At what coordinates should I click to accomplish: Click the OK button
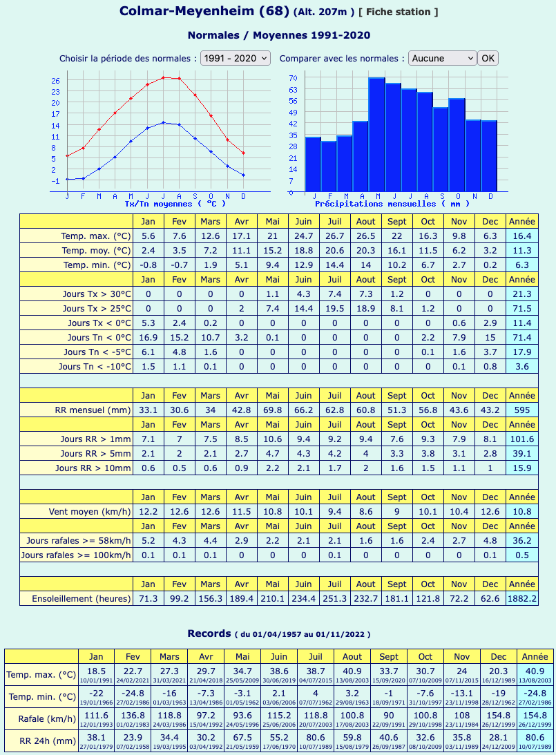point(488,58)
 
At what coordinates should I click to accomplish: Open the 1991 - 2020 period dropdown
point(236,58)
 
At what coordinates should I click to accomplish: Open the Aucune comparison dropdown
point(443,58)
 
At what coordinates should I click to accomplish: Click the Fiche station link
point(398,12)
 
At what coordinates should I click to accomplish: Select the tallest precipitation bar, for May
point(376,134)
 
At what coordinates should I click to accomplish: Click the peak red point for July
point(163,77)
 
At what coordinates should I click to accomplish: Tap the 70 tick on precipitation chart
point(293,78)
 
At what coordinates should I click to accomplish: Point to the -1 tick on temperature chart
point(55,181)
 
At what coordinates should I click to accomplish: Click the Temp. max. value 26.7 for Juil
point(334,236)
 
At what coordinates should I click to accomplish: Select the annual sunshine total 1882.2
point(522,598)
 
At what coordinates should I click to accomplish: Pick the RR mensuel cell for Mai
point(272,410)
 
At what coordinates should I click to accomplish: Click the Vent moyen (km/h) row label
point(90,512)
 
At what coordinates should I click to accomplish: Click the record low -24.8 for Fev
point(133,694)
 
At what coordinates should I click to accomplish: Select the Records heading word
point(209,633)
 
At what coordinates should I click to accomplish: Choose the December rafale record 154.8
point(498,716)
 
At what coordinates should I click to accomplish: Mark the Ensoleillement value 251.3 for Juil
point(334,598)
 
